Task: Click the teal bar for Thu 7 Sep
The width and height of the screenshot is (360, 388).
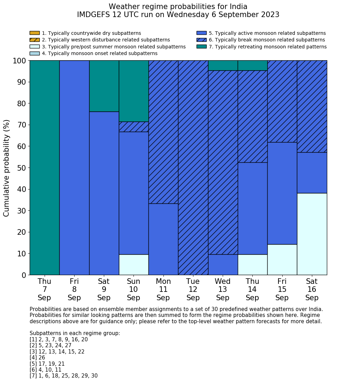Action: click(x=44, y=168)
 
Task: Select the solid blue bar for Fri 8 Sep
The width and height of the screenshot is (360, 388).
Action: click(x=74, y=168)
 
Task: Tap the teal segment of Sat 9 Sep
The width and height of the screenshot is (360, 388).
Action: click(x=104, y=86)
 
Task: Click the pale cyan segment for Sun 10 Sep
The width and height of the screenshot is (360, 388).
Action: click(x=133, y=265)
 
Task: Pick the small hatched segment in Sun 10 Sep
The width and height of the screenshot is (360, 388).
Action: click(x=133, y=127)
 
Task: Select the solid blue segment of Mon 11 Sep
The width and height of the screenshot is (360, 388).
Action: click(x=163, y=239)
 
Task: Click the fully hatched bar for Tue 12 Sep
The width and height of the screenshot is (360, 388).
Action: click(x=193, y=168)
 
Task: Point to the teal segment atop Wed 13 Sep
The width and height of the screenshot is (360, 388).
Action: click(x=223, y=65)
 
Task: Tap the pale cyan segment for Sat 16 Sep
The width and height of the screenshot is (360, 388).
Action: click(x=312, y=234)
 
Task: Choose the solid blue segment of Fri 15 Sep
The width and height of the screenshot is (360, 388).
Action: click(x=282, y=193)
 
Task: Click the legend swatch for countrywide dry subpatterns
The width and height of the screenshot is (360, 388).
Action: click(x=35, y=33)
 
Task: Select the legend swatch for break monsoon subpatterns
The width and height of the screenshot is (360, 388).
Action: click(x=201, y=40)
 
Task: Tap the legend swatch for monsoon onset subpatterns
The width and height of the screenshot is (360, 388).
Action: click(x=35, y=53)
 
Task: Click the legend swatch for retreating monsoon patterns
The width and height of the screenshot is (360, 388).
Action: click(x=201, y=47)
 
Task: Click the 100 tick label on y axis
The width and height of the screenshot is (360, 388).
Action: click(x=20, y=61)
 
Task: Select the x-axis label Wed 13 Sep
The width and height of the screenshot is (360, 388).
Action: click(x=223, y=289)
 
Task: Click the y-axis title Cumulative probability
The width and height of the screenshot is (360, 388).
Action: click(x=7, y=168)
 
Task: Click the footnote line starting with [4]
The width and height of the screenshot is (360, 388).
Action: click(x=37, y=358)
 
